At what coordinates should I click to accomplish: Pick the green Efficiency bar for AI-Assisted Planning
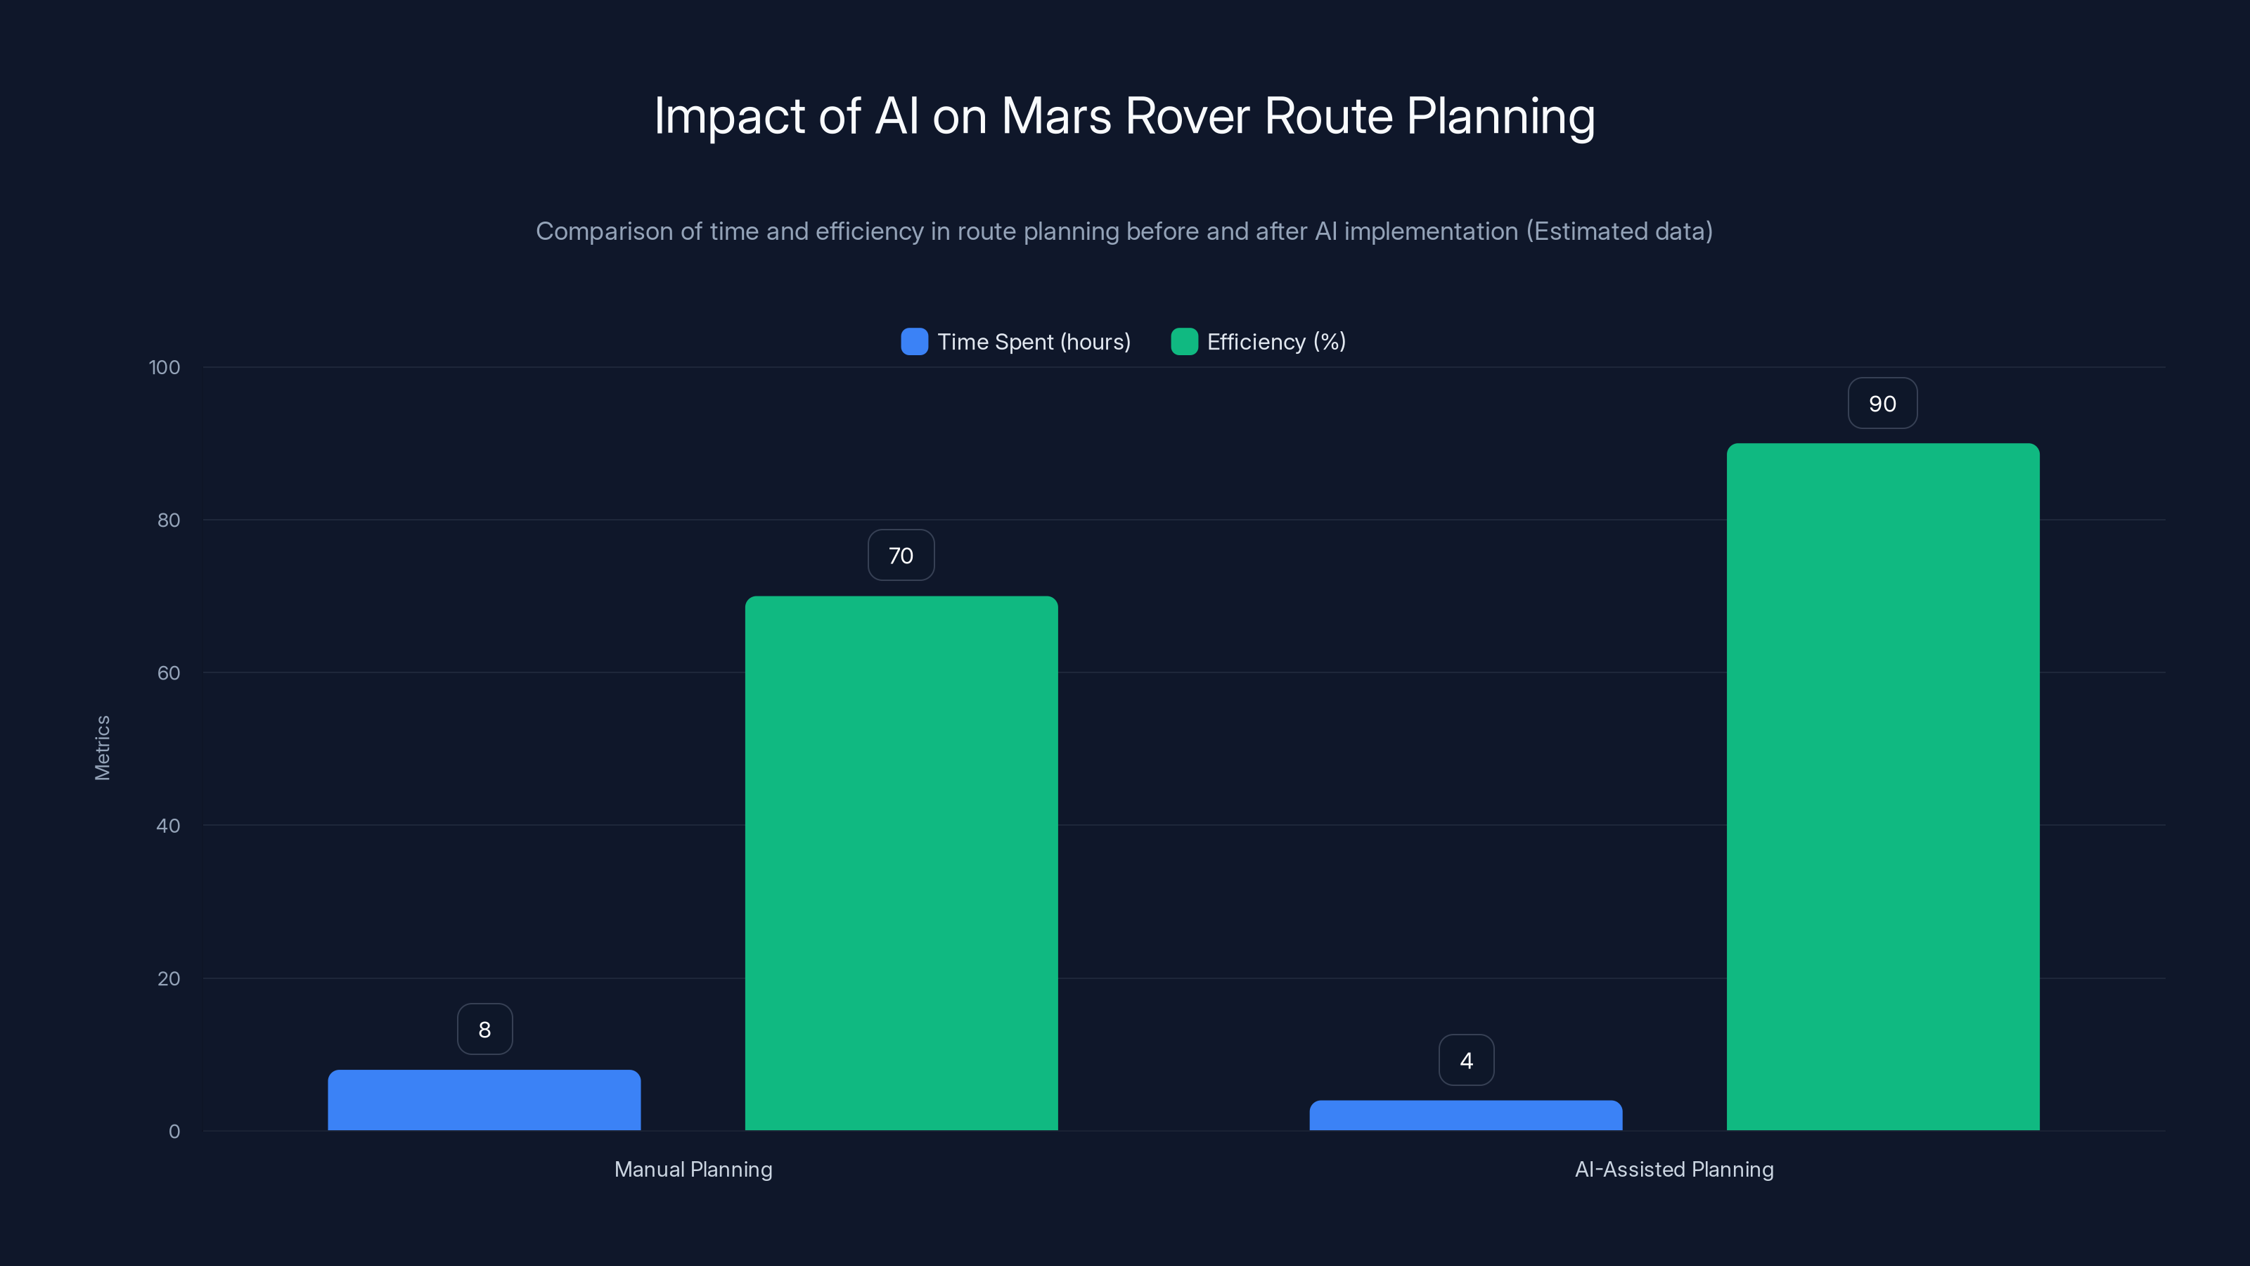[x=1882, y=786]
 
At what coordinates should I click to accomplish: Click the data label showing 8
[x=484, y=1029]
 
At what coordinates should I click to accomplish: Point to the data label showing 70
[x=901, y=555]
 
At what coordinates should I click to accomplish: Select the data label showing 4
[x=1465, y=1060]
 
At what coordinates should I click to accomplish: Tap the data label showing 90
[x=1882, y=403]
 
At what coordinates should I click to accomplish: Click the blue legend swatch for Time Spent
[x=913, y=342]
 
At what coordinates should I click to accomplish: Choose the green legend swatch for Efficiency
[x=1183, y=342]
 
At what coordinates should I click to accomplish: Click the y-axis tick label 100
[x=165, y=367]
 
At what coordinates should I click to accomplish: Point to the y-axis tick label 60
[x=169, y=673]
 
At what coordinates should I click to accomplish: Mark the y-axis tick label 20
[x=169, y=978]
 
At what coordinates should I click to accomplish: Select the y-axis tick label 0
[x=174, y=1132]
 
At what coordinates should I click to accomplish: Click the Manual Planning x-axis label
[x=693, y=1169]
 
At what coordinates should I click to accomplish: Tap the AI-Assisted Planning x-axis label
[x=1673, y=1169]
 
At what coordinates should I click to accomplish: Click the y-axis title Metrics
[x=102, y=748]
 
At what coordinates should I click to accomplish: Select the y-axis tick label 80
[x=169, y=520]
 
